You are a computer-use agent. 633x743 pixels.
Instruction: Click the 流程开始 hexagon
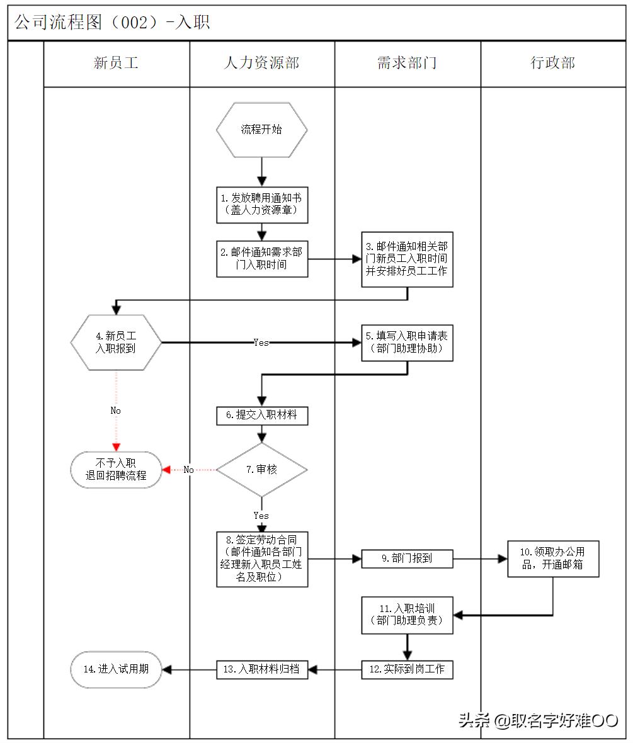tap(262, 130)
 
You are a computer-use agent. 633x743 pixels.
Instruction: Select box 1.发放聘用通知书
tap(262, 204)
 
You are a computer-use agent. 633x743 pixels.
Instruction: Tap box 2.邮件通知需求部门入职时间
tap(262, 258)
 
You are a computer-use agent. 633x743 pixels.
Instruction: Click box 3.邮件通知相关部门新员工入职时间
tap(407, 259)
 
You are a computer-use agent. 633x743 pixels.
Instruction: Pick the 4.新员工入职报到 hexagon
tap(116, 342)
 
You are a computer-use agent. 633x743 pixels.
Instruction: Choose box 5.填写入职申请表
tap(407, 343)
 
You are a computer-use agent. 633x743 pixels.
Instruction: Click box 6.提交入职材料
tap(262, 415)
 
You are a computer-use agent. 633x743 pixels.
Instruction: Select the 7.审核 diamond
tap(262, 469)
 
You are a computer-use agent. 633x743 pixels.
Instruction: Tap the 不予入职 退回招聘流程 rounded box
tap(116, 470)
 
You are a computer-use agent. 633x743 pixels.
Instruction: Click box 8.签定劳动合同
tap(262, 559)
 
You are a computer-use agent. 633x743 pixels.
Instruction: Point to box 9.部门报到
tap(407, 559)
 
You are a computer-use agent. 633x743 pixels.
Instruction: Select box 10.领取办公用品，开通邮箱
tap(553, 559)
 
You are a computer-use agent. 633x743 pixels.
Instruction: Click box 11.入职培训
tap(407, 615)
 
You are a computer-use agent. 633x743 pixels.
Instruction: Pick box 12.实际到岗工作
tap(407, 669)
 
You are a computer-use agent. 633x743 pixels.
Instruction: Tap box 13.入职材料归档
tap(262, 669)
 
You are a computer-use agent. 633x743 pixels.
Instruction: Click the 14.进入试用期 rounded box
tap(116, 669)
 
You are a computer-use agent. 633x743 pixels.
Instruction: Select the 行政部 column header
tap(553, 63)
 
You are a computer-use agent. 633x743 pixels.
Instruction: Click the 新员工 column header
tap(116, 63)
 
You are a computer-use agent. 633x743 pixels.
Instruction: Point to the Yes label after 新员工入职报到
tap(261, 343)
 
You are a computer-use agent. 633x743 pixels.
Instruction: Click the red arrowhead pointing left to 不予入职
tap(167, 470)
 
